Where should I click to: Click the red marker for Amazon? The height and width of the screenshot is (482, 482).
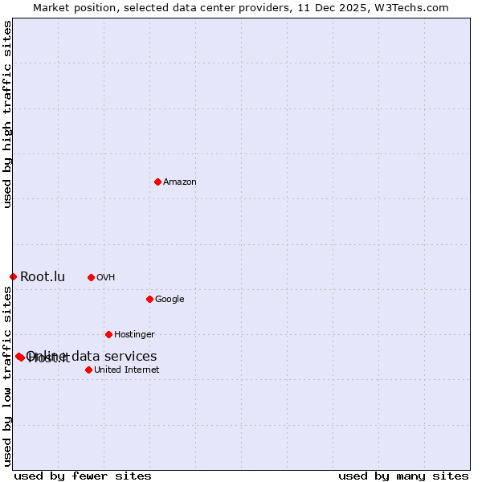157,182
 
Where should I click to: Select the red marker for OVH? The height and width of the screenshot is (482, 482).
91,277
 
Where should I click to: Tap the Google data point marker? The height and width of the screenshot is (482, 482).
149,299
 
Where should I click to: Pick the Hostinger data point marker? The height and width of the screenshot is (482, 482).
108,334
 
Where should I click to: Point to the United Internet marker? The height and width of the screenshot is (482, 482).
88,370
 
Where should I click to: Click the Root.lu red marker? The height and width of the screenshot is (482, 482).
13,276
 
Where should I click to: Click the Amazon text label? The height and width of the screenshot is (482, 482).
180,182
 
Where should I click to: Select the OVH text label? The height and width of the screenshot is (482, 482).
106,278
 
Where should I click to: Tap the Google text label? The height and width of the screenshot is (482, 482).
170,300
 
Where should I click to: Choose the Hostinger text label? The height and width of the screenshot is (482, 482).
134,335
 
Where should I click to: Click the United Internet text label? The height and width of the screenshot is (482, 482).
126,370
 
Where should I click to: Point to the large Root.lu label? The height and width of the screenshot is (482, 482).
43,277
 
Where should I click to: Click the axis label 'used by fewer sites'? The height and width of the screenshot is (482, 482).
83,476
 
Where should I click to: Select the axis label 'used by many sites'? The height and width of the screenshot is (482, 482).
403,476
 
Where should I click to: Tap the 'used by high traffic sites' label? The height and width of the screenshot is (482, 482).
8,114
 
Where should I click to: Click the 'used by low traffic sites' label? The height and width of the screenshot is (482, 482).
8,376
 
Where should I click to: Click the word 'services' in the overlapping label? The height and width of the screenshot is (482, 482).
132,356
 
